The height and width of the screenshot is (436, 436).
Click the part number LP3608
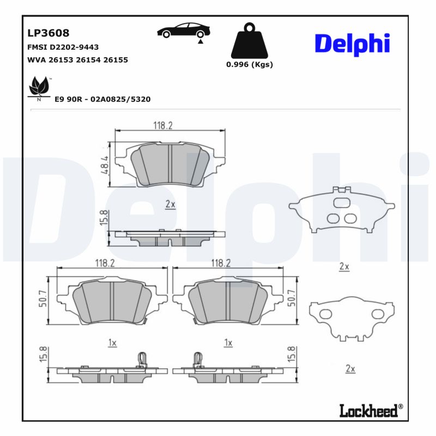(x=49, y=33)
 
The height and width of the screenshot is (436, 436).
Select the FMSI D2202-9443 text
(x=63, y=47)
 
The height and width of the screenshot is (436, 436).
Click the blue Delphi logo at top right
(x=352, y=44)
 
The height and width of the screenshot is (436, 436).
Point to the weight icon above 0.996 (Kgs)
(x=249, y=41)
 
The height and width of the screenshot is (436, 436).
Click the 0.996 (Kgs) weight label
(x=249, y=64)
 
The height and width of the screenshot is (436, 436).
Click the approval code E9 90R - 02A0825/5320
(x=103, y=99)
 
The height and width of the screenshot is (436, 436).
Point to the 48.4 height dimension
(x=105, y=165)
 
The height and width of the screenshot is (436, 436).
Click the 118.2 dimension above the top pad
(x=162, y=125)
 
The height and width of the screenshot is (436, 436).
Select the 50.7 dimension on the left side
(x=43, y=298)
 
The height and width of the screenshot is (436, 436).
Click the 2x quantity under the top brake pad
(x=170, y=204)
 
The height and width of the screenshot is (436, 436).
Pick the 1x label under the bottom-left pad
(x=112, y=343)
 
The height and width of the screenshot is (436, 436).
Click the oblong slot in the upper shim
(x=342, y=203)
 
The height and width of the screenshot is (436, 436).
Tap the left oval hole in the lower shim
(x=325, y=314)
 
